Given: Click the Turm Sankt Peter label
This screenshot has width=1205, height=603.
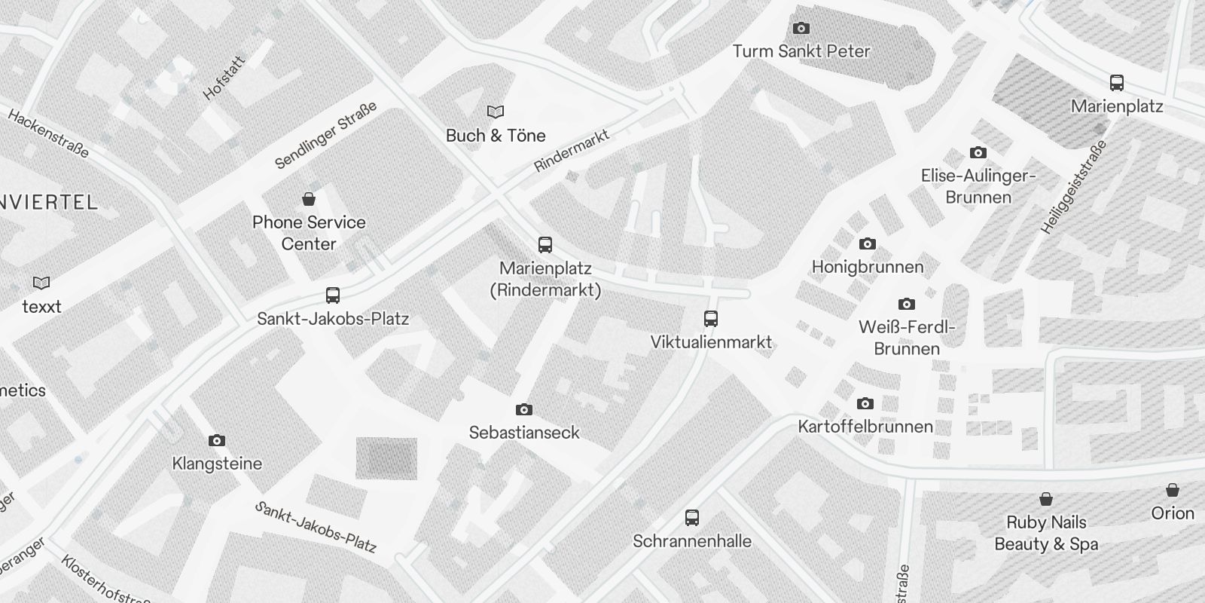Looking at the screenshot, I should [x=801, y=51].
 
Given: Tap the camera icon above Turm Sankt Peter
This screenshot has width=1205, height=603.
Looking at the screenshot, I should [x=801, y=29].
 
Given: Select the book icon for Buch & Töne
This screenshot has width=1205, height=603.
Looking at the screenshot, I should [x=495, y=112].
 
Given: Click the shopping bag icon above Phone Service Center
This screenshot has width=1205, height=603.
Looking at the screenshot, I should [x=308, y=199].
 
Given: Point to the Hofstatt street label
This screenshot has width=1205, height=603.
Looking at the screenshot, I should [x=224, y=78].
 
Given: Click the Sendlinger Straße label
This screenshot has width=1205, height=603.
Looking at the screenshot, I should [x=325, y=136].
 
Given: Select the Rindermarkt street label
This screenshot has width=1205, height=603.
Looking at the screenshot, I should [x=571, y=150].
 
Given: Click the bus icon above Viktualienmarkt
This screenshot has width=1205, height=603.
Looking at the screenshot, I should [x=711, y=318].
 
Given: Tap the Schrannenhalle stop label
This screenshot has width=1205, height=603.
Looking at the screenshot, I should [x=692, y=541].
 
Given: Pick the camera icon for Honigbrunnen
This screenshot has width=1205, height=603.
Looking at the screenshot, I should [x=868, y=243].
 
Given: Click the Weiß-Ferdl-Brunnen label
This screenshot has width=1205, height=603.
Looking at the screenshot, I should [x=907, y=338].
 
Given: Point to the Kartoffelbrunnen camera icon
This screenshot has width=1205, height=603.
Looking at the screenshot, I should [x=865, y=403].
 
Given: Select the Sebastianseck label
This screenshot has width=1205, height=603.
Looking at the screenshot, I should [x=524, y=433].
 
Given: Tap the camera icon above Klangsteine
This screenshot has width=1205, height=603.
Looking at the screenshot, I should [x=217, y=440].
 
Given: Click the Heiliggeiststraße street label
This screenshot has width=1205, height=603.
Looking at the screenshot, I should [x=1075, y=186].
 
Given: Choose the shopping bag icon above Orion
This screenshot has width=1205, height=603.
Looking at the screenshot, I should [x=1173, y=490].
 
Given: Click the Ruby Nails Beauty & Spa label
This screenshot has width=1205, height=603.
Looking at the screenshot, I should [x=1046, y=533].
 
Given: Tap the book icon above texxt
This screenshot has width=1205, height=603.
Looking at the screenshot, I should [x=41, y=283].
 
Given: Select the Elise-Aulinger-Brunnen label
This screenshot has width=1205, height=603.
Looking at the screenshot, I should [x=978, y=186].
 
